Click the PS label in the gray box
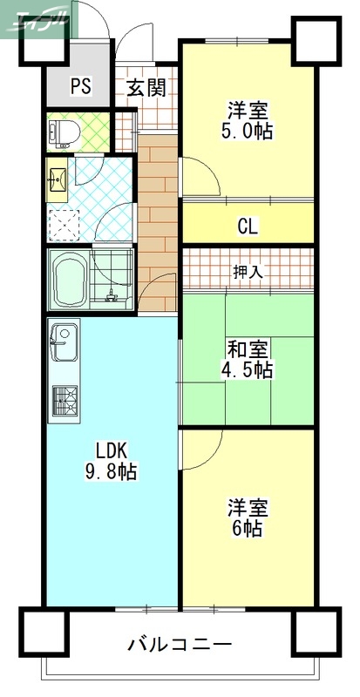tap(81, 87)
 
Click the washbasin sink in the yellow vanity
tap(58, 179)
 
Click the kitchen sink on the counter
tap(64, 340)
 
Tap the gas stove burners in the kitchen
tap(64, 401)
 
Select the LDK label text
tap(112, 450)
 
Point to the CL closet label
tap(248, 228)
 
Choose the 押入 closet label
tap(248, 272)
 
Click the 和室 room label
tap(248, 349)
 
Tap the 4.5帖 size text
tap(248, 370)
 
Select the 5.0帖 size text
tap(248, 132)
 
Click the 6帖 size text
tap(248, 528)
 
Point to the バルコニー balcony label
tap(180, 646)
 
